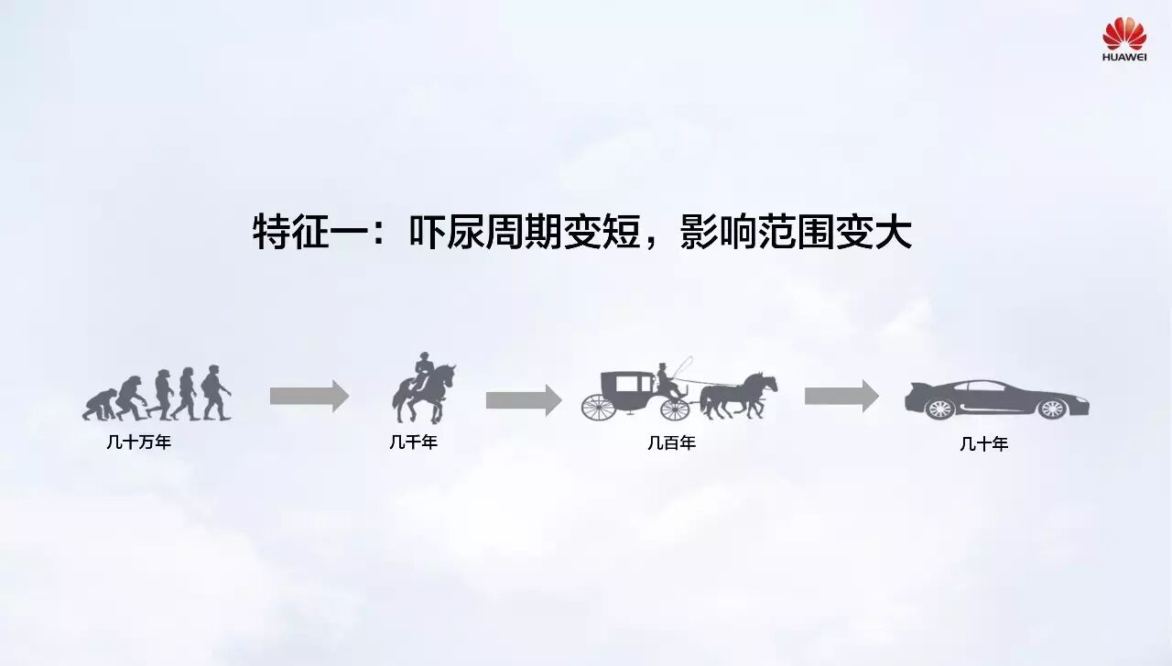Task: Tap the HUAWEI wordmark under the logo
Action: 1124,57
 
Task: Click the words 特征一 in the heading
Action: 310,232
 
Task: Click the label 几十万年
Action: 138,442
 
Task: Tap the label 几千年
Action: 414,442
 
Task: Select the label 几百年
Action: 672,442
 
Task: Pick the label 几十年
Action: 984,444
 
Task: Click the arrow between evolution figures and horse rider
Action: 309,397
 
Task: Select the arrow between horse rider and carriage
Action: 523,399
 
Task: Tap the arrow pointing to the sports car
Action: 841,397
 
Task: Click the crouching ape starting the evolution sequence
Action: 99,405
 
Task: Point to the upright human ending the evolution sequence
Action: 216,392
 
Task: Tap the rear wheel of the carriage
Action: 598,406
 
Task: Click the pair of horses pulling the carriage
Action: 740,394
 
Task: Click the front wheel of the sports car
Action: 1051,409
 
